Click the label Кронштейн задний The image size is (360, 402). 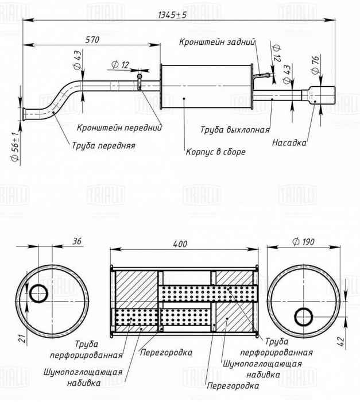[x=216, y=42]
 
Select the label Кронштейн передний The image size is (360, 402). [x=119, y=127]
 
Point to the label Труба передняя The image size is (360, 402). [x=103, y=146]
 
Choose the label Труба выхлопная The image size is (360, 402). [x=234, y=130]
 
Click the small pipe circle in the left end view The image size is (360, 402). [x=39, y=293]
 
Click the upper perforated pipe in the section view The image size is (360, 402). [x=207, y=293]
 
